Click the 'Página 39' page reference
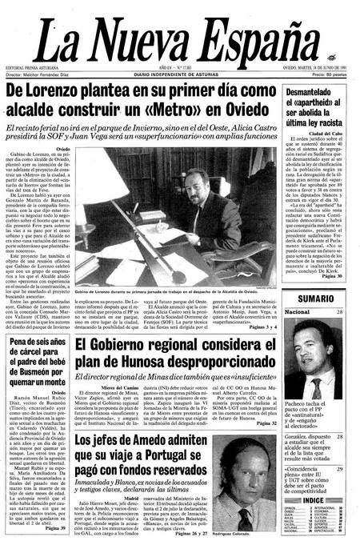click(55, 529)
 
